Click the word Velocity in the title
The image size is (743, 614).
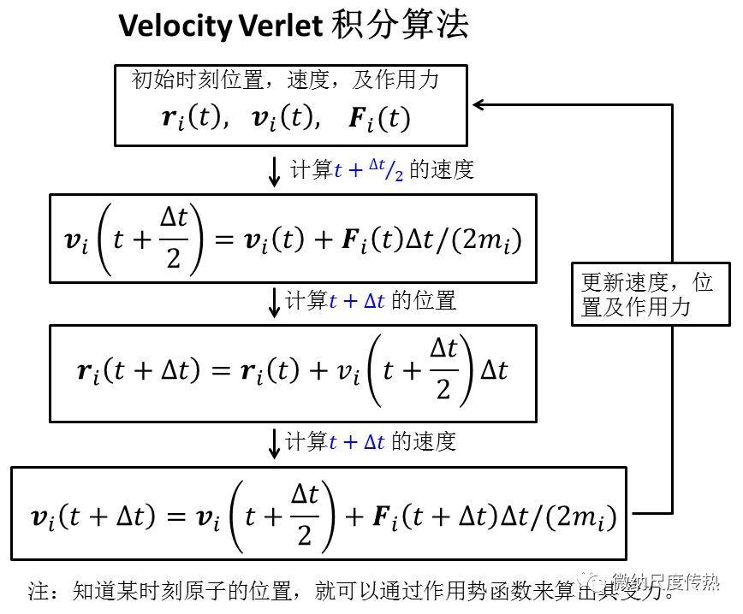[175, 27]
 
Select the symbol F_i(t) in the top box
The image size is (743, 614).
[379, 118]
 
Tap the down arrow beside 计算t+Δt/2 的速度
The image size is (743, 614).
[274, 171]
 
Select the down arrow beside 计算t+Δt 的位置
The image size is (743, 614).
[274, 302]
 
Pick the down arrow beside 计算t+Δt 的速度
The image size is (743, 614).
[274, 443]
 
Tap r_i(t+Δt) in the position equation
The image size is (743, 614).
[137, 371]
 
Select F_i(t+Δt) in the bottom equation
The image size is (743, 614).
[432, 517]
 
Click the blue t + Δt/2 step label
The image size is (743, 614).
[369, 171]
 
